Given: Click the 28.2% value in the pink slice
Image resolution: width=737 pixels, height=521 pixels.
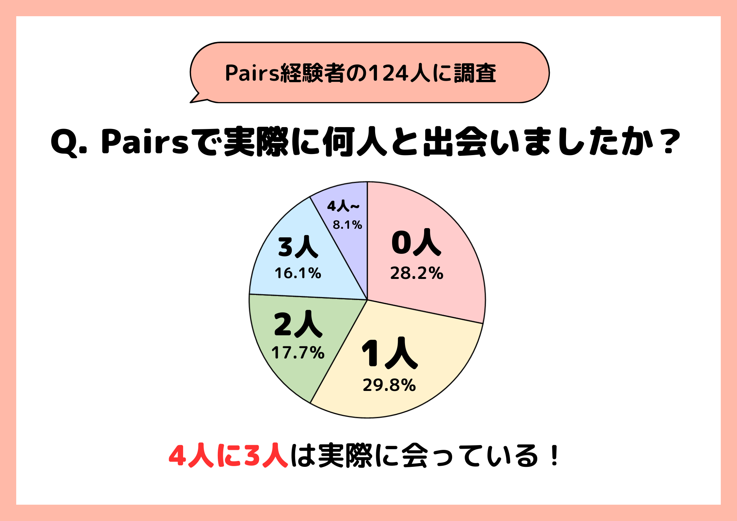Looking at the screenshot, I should (x=416, y=273).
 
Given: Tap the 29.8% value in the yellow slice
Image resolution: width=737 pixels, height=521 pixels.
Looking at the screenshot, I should (x=389, y=385).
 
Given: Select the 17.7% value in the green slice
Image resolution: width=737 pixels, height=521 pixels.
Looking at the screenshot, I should (x=298, y=353).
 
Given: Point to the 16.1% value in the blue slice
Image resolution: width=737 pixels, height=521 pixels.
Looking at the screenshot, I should (x=298, y=273).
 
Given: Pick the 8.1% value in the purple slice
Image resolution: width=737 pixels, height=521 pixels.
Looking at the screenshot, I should (x=347, y=225).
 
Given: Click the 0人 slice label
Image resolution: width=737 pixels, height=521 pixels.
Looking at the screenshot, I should (x=416, y=242).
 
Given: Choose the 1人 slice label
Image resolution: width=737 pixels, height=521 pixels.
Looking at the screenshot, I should (x=390, y=353).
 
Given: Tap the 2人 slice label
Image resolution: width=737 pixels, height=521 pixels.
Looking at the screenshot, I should (x=298, y=324).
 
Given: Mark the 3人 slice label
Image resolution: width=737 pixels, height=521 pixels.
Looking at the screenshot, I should (x=298, y=247).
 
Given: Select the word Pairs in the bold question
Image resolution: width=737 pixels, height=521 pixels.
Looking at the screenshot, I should (x=144, y=142).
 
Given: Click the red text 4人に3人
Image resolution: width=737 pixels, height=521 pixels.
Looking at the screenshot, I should (x=228, y=456).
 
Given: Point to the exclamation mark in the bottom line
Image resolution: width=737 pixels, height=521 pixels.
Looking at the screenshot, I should (x=554, y=456).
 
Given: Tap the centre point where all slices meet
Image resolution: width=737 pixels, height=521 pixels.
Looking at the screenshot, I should (x=367, y=300).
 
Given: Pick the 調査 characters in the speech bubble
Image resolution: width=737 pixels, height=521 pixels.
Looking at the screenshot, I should (x=475, y=73).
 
